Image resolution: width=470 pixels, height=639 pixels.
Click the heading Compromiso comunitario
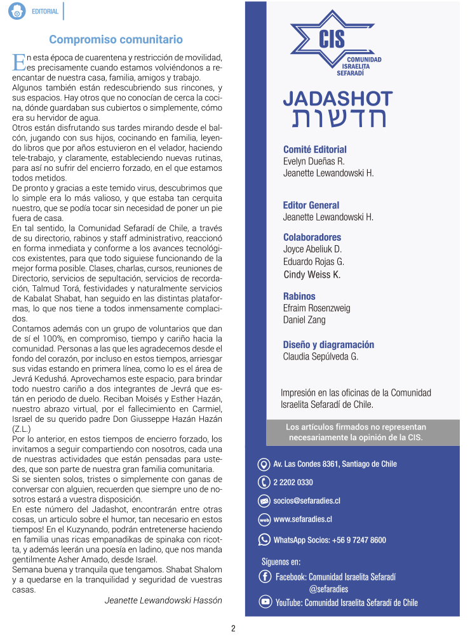click(116, 39)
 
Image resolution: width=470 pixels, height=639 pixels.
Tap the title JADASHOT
click(337, 98)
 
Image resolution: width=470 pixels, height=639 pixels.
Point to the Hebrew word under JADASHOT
click(338, 119)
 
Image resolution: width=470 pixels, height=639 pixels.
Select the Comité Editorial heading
click(314, 150)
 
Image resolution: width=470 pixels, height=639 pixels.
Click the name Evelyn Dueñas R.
click(314, 161)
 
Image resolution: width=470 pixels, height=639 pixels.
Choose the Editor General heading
click(311, 205)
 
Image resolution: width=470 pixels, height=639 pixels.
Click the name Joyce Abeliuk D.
click(312, 249)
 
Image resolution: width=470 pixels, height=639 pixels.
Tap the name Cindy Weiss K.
click(311, 274)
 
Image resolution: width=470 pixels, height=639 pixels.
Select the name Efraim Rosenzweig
click(316, 308)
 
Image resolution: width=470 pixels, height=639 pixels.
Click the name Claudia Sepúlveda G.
click(320, 356)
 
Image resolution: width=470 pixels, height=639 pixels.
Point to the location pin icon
click(264, 464)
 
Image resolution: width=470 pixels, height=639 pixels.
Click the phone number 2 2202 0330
click(293, 483)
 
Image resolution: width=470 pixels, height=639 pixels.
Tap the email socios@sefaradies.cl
click(307, 501)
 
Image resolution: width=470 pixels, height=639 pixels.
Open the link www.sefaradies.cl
click(302, 520)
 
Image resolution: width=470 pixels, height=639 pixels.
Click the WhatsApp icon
click(264, 540)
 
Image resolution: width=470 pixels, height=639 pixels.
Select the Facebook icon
click(265, 577)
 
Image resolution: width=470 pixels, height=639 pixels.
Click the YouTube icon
click(265, 602)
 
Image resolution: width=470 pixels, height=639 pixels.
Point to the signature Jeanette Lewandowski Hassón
click(163, 600)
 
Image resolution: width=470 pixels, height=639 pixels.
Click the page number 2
click(233, 629)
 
